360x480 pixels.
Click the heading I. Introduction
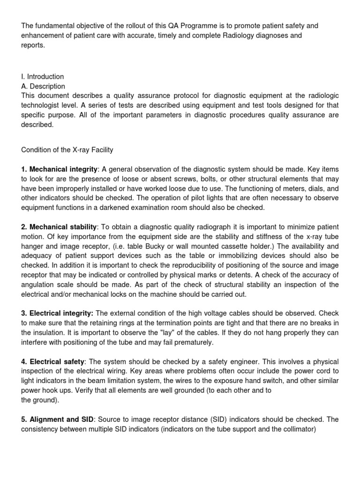click(43, 76)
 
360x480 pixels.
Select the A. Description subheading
click(43, 86)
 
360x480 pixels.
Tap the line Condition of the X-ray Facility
click(67, 150)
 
